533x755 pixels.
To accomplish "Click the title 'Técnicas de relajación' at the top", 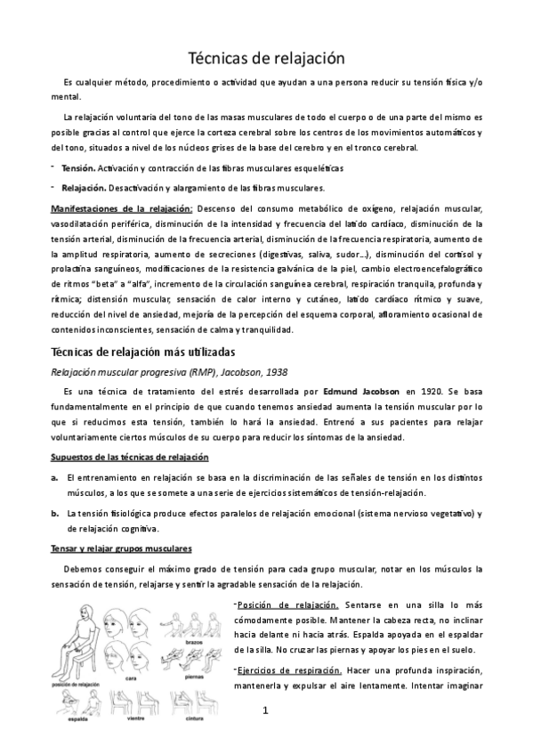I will coord(266,59).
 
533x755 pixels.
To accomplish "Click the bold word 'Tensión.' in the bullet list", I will coord(78,167).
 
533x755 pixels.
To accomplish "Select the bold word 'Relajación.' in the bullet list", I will coord(83,188).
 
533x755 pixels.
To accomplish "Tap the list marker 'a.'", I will coord(56,478).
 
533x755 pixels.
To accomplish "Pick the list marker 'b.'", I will coord(56,513).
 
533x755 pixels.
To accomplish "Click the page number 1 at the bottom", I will coord(265,711).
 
